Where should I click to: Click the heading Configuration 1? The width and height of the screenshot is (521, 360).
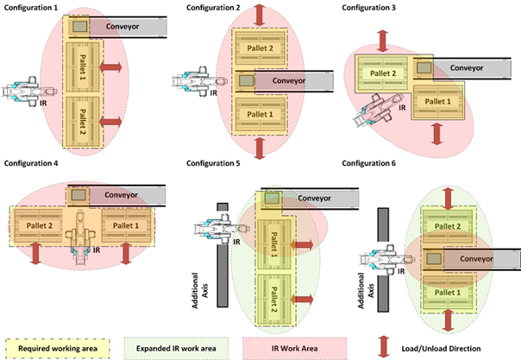click(33, 7)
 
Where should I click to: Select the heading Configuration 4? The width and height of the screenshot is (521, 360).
click(33, 163)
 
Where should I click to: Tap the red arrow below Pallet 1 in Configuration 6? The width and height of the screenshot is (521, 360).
click(448, 320)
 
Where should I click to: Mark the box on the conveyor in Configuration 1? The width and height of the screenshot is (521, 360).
click(79, 27)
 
